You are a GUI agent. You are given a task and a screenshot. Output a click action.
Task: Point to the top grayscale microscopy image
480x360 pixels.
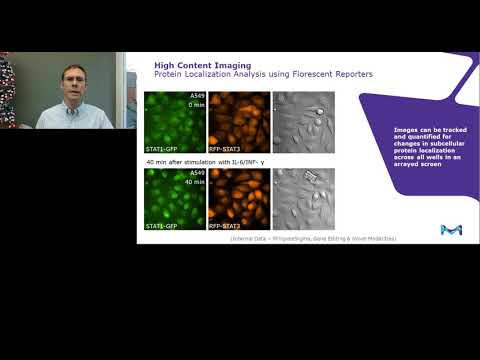coord(303,122)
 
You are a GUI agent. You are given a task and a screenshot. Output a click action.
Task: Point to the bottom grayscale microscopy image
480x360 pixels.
coord(303,198)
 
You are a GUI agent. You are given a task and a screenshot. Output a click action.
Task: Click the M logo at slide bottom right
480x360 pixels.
coord(451,229)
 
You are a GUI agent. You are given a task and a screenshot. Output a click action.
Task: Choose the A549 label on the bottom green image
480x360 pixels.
coord(196,173)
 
